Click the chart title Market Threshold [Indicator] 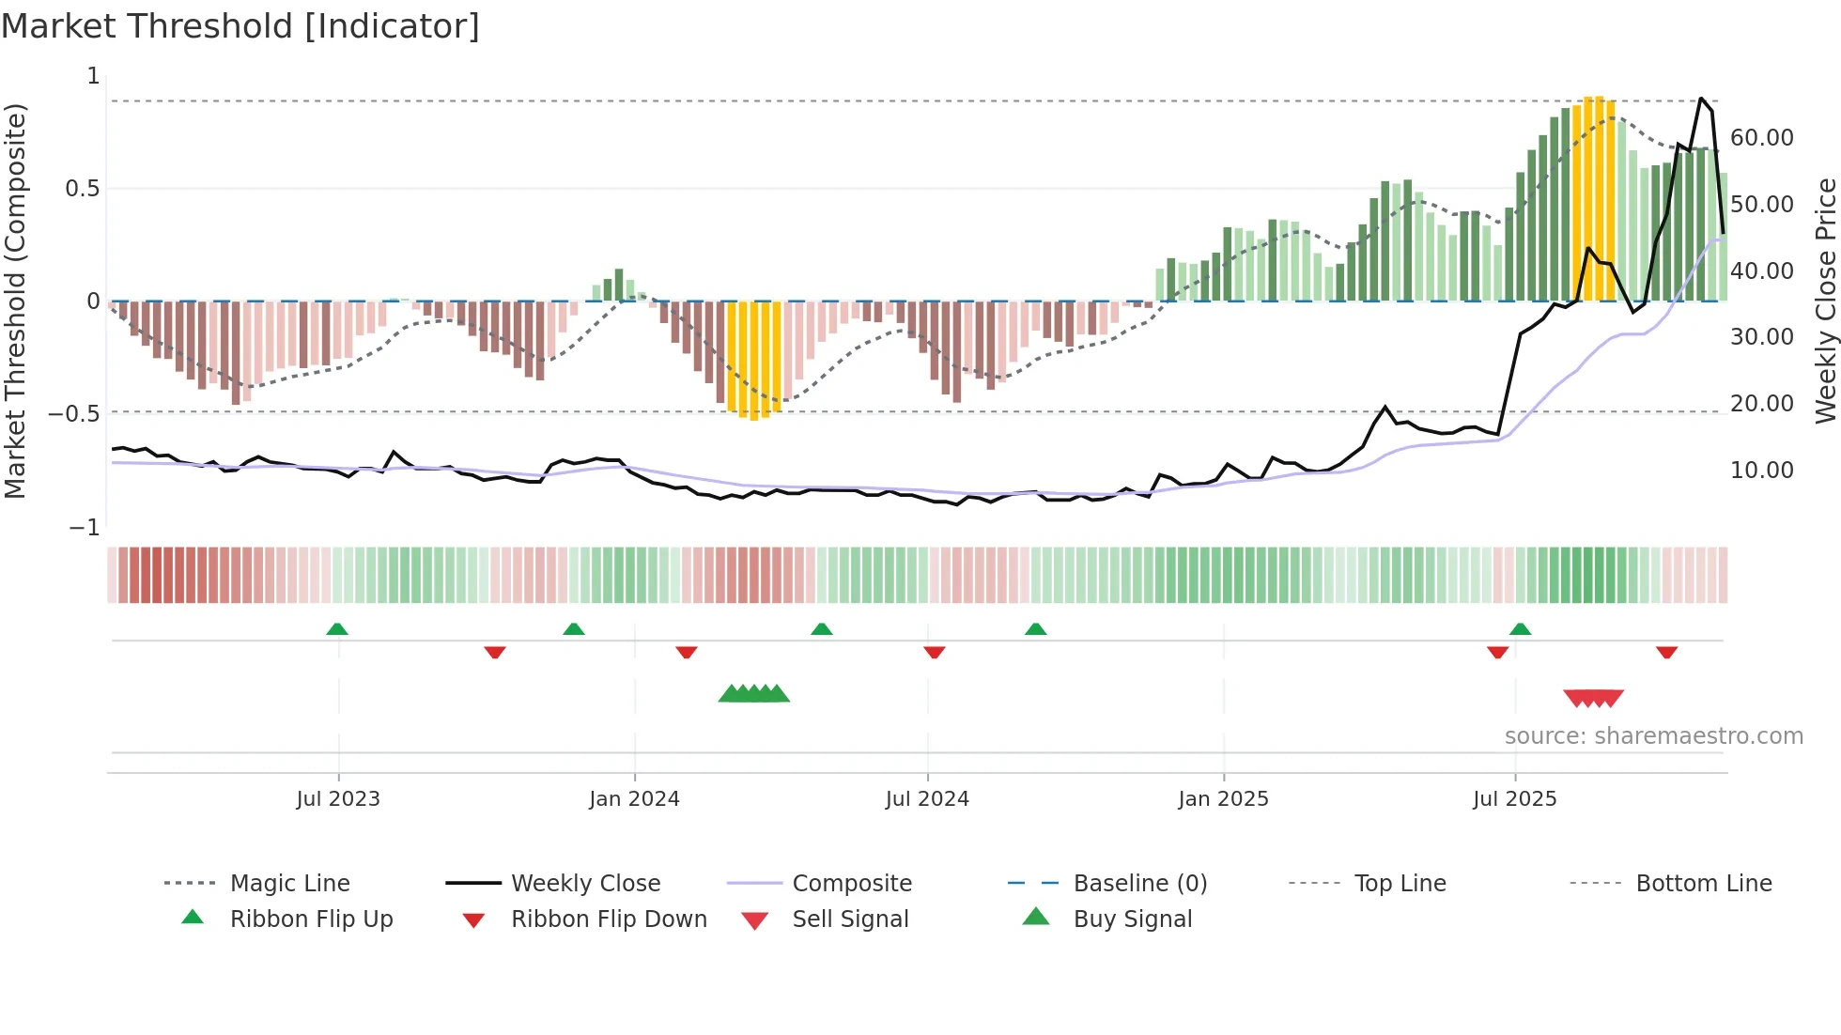[240, 26]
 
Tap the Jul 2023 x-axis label [338, 799]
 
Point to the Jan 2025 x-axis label [1223, 799]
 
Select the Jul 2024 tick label [927, 799]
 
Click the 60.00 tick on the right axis [1761, 138]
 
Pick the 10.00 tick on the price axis [1761, 471]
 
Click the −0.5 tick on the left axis [74, 414]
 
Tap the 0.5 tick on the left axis [82, 189]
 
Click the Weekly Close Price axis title [1825, 301]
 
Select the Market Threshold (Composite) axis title [15, 301]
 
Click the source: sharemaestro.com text [1653, 736]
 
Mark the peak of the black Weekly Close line [1700, 98]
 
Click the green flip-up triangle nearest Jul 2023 [337, 628]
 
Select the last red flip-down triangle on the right [1666, 653]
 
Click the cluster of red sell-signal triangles [1593, 698]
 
